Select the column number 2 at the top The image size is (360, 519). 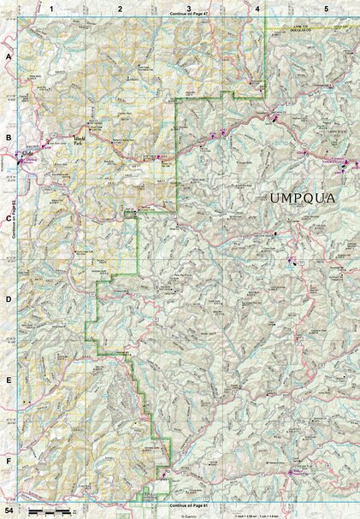point(120,8)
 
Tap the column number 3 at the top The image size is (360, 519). point(187,8)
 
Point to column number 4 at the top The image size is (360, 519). point(257,8)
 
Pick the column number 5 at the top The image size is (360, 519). point(326,8)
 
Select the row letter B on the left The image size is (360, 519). point(9,137)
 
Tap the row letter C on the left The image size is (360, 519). point(9,217)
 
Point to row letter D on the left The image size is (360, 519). point(9,299)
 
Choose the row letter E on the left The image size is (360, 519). point(9,380)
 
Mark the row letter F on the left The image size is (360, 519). point(9,461)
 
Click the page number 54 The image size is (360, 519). point(9,510)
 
